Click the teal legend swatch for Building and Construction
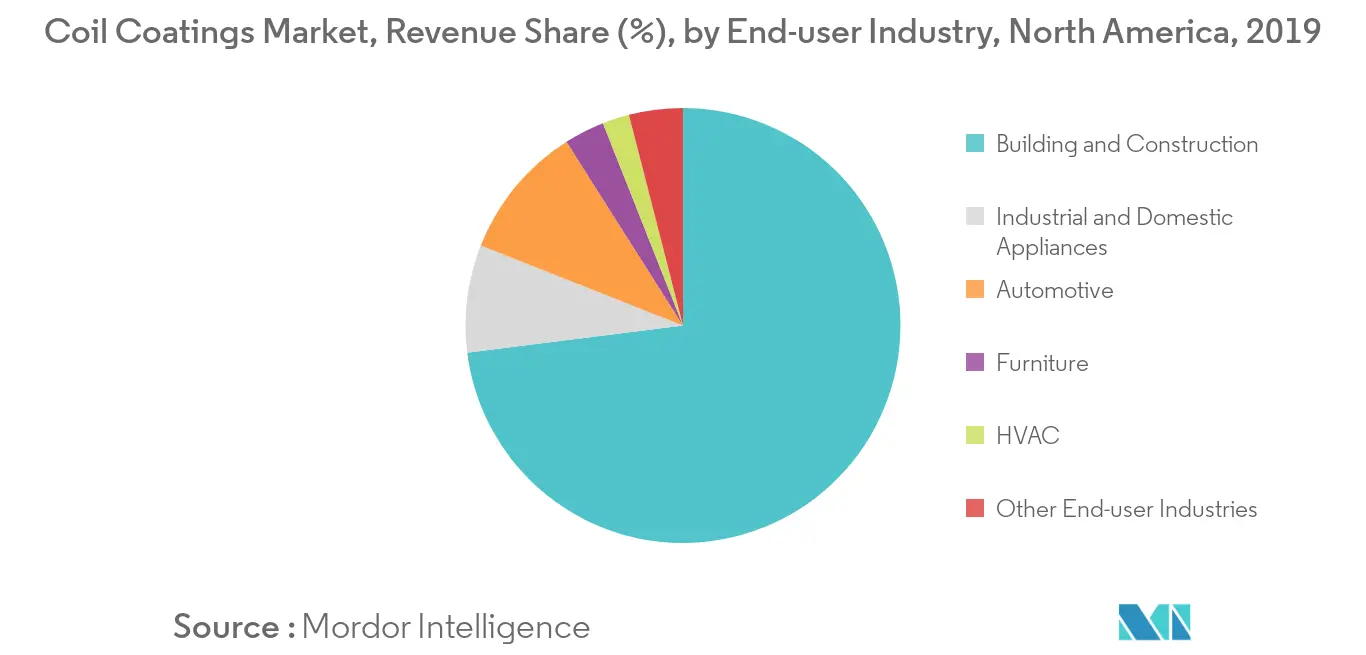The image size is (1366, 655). click(974, 143)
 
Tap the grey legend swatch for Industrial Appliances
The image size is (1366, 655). click(974, 217)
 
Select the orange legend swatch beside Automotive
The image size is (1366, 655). click(974, 289)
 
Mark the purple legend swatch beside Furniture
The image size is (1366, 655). click(974, 362)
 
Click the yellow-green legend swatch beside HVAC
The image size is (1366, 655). click(974, 435)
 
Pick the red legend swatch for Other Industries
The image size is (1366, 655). click(974, 508)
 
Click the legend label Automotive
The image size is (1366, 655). click(1054, 290)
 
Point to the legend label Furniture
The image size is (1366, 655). click(1042, 363)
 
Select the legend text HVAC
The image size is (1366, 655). click(1028, 435)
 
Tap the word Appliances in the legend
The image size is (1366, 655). click(1051, 248)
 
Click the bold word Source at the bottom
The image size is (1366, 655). click(226, 626)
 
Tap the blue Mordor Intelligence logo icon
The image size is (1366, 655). click(1154, 622)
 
